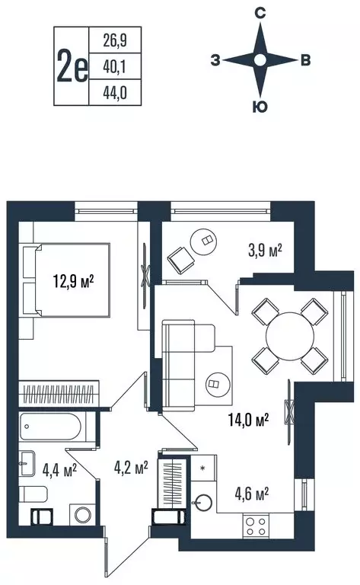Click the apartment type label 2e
[72, 66]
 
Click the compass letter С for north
[260, 12]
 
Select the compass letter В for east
[304, 61]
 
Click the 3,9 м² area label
[266, 249]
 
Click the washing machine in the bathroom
[81, 515]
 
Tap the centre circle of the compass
[260, 60]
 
